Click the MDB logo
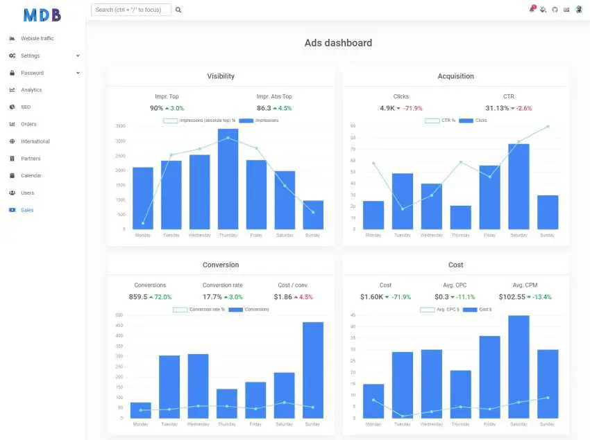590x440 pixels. tap(42, 14)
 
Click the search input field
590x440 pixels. tap(130, 10)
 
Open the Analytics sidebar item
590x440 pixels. tap(31, 90)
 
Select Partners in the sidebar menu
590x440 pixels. tap(31, 159)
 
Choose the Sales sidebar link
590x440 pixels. tap(27, 210)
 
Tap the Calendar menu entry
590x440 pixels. tap(31, 176)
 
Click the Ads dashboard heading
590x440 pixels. tap(338, 43)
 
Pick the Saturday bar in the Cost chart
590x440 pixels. tap(519, 367)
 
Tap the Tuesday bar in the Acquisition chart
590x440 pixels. tap(403, 201)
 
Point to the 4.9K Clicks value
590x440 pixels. tap(387, 108)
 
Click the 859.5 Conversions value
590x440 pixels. tap(138, 297)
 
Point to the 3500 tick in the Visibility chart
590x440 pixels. tap(121, 126)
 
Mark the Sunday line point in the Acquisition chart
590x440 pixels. tap(548, 126)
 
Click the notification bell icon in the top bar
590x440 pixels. tap(532, 10)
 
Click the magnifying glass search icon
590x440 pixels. tap(178, 10)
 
